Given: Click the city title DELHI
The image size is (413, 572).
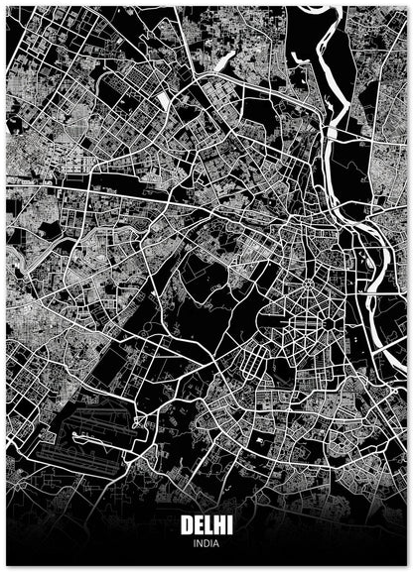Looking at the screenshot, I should click(206, 525).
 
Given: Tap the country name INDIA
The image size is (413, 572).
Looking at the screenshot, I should click(206, 542).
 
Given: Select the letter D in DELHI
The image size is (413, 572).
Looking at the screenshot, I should click(187, 525).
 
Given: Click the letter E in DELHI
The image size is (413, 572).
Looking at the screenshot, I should click(198, 525).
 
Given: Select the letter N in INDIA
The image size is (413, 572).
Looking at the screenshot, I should click(201, 542).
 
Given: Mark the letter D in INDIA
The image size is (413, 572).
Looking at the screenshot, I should click(206, 542).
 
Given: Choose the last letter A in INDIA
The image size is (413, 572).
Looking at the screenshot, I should click(215, 542).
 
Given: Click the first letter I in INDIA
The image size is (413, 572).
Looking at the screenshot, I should click(196, 542).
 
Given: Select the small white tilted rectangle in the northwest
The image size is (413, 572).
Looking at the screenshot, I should click(162, 101).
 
